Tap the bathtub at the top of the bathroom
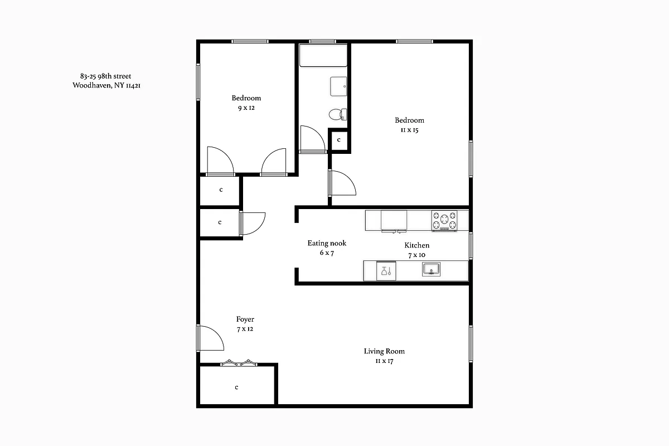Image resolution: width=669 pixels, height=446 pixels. pyautogui.click(x=323, y=56)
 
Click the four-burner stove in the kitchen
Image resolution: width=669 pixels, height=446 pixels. pyautogui.click(x=444, y=221)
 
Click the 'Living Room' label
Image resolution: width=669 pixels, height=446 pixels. pyautogui.click(x=384, y=351)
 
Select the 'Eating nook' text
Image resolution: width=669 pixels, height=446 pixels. pyautogui.click(x=327, y=243)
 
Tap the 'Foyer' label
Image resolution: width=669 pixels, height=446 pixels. pyautogui.click(x=245, y=319)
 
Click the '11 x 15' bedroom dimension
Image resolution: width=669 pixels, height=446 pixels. pyautogui.click(x=409, y=130)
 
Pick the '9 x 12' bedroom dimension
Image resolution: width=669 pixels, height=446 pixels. pyautogui.click(x=246, y=108)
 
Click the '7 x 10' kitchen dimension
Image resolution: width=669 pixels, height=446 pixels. pyautogui.click(x=416, y=255)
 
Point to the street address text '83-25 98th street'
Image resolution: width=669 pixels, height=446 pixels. pyautogui.click(x=106, y=76)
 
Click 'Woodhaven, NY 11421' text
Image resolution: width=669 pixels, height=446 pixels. pyautogui.click(x=110, y=86)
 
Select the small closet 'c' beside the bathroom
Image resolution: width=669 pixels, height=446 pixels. pyautogui.click(x=338, y=140)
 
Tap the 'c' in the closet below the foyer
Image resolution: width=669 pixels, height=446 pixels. pyautogui.click(x=236, y=387)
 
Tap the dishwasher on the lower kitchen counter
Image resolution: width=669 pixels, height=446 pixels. pyautogui.click(x=386, y=271)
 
